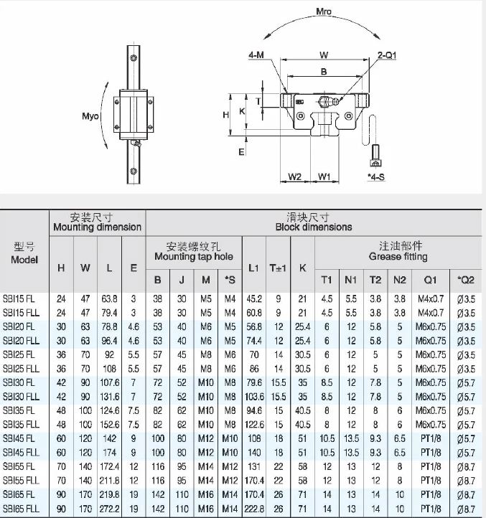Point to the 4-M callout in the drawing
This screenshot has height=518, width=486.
(x=256, y=55)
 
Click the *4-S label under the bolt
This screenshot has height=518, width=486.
(x=376, y=176)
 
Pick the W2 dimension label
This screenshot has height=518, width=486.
(x=294, y=176)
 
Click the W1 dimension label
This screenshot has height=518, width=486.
(x=324, y=176)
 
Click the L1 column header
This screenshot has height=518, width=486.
(x=253, y=268)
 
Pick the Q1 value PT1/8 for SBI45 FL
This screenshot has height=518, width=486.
(x=430, y=438)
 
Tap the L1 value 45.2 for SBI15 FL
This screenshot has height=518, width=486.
(x=253, y=298)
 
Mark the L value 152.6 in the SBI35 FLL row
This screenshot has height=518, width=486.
(x=109, y=424)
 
